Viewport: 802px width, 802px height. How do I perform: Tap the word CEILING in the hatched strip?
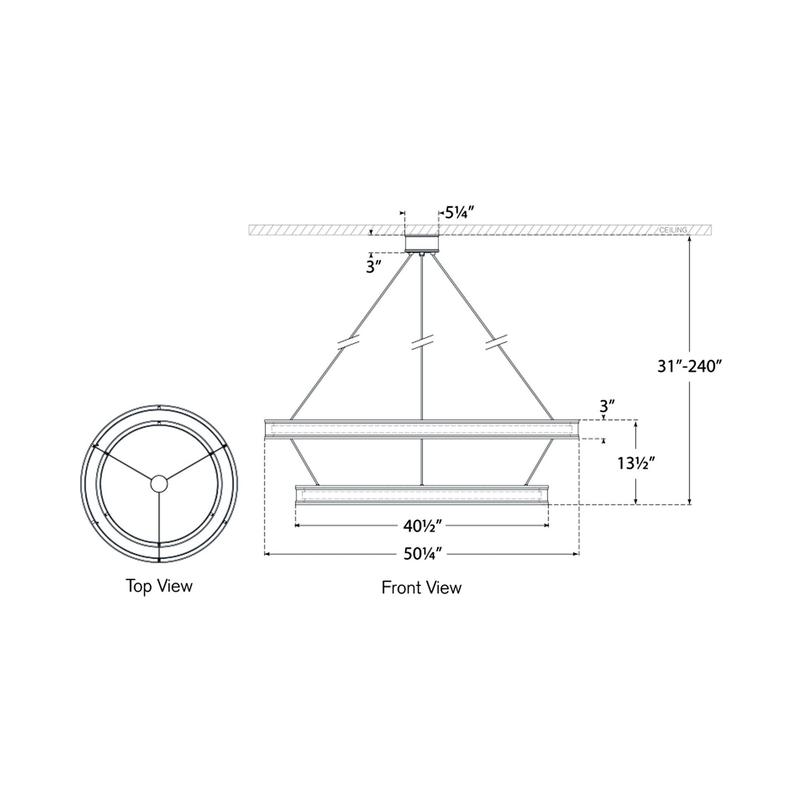(x=673, y=230)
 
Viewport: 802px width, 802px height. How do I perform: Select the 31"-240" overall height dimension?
(x=690, y=366)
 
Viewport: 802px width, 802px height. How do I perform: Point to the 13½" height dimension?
(x=636, y=463)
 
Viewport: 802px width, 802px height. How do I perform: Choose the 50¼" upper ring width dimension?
(x=422, y=554)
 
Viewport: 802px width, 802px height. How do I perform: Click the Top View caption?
(x=159, y=586)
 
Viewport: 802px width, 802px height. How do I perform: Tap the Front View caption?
(x=421, y=588)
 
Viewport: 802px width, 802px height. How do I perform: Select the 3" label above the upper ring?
(x=607, y=405)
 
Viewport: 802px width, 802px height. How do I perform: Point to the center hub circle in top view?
(x=159, y=484)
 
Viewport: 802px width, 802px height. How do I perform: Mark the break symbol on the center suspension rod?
(x=422, y=342)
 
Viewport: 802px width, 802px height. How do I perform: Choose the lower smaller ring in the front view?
(x=422, y=495)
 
